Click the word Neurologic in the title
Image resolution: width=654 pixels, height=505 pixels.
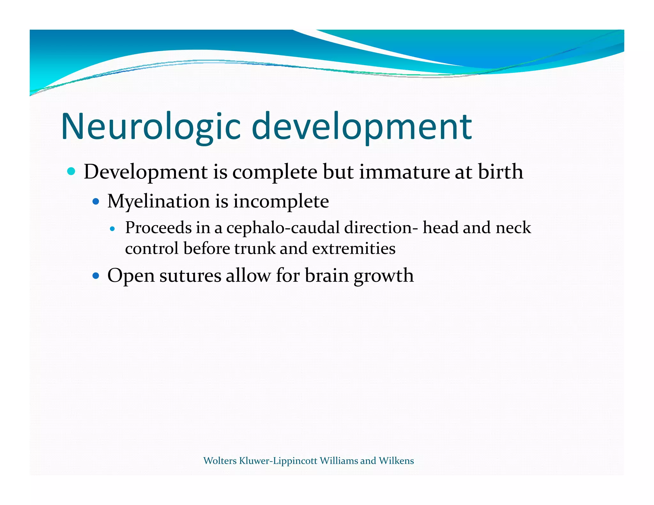tap(150, 126)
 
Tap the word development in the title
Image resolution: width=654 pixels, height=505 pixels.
tap(361, 126)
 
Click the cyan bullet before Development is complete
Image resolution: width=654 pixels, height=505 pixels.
tap(71, 172)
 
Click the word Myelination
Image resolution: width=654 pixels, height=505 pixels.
tap(158, 201)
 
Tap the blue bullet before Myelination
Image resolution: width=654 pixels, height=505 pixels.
tap(95, 202)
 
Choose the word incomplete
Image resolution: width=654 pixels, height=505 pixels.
tap(281, 201)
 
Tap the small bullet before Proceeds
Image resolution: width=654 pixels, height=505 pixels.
tap(112, 229)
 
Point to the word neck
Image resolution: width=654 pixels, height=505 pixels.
tap(513, 228)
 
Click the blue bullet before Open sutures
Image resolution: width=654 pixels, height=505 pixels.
tap(95, 275)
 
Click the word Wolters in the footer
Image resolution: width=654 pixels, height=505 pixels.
tap(220, 461)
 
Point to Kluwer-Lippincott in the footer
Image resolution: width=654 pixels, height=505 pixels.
tap(278, 461)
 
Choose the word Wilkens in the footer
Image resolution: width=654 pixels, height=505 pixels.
tap(396, 461)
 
